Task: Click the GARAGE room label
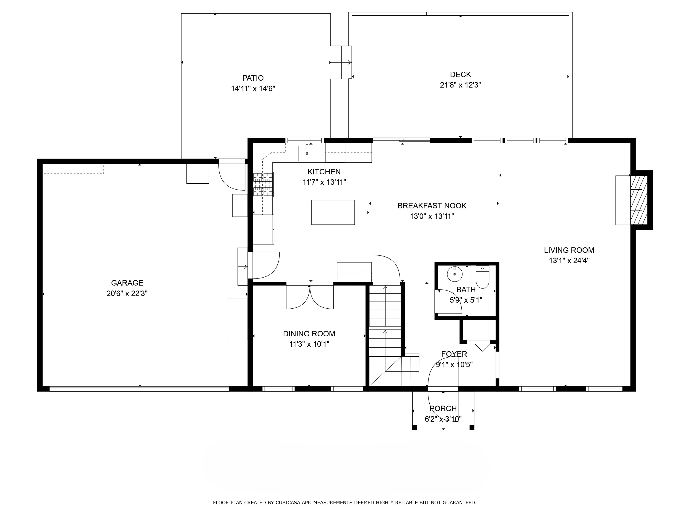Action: (127, 283)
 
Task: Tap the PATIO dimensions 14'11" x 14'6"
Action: (253, 88)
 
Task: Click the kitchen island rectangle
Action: (333, 212)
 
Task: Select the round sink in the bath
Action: (454, 274)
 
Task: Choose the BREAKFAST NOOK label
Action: (432, 206)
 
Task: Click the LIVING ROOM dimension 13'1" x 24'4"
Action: (569, 261)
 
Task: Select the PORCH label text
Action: (443, 408)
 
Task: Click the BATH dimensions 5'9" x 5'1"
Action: (466, 300)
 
